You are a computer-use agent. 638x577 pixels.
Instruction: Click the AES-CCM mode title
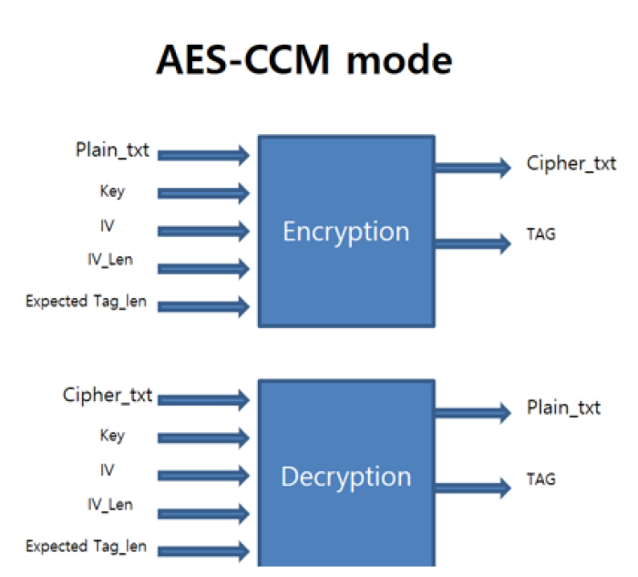coord(304,60)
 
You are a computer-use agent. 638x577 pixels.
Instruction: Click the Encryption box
coord(345,232)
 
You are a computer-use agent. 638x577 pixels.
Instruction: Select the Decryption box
coord(345,477)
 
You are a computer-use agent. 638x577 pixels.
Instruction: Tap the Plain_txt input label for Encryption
coord(112,150)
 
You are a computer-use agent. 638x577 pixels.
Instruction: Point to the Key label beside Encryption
coord(112,191)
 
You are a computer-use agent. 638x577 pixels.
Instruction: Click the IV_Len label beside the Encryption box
coord(115,261)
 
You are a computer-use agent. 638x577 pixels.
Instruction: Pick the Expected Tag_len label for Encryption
coord(87,301)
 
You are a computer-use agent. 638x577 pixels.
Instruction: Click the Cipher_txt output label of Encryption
coord(571,163)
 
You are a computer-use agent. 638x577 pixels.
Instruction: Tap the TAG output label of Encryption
coord(541,234)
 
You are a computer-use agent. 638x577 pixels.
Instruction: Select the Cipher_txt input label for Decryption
coord(108,396)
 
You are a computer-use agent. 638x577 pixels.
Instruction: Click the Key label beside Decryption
coord(112,436)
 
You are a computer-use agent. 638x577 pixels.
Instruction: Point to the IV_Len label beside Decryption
coord(115,505)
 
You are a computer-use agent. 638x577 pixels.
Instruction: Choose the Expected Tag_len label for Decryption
coord(87,547)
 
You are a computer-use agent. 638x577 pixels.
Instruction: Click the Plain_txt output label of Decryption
coord(563,407)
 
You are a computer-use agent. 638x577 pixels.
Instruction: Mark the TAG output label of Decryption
coord(541,478)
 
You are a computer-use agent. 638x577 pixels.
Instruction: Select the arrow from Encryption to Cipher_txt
coord(472,167)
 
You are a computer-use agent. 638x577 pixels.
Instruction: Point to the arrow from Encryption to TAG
coord(472,242)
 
